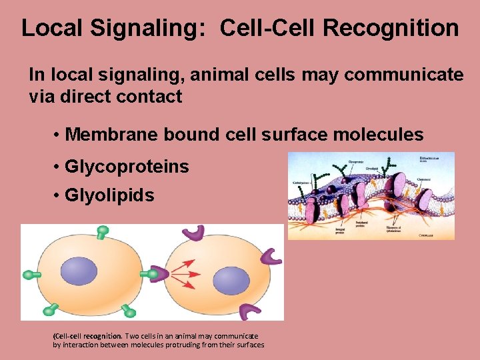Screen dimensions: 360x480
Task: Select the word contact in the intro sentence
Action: [151, 97]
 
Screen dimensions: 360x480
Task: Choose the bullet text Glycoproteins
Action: [127, 166]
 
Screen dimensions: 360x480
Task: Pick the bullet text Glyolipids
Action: [109, 195]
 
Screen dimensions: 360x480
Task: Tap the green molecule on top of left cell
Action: [102, 231]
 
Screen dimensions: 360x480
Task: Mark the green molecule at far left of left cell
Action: [32, 274]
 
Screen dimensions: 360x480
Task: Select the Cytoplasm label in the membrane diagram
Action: [431, 235]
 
